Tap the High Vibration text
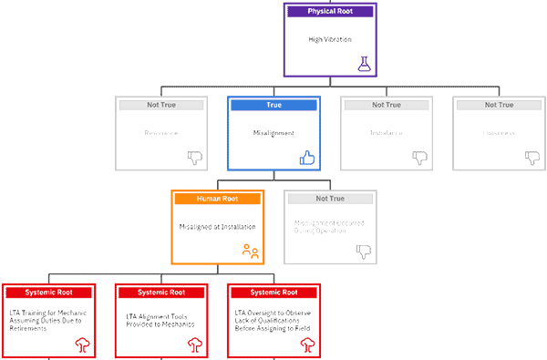pos(329,40)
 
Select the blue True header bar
pos(273,106)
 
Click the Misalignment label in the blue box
pos(273,133)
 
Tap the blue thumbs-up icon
pos(307,158)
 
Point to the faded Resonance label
pos(161,133)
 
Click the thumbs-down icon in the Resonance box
pos(194,158)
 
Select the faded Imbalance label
pos(385,133)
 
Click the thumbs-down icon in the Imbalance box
pos(419,158)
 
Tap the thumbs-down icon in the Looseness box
pos(531,158)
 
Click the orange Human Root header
pos(218,199)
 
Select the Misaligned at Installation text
pos(218,226)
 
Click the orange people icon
pos(251,251)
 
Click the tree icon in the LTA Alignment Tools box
pos(194,345)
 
